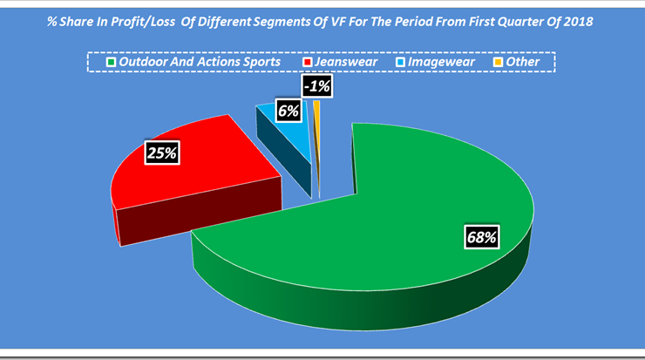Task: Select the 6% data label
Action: tap(289, 111)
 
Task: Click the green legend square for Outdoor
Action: tap(111, 62)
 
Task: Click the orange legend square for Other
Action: tap(499, 62)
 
